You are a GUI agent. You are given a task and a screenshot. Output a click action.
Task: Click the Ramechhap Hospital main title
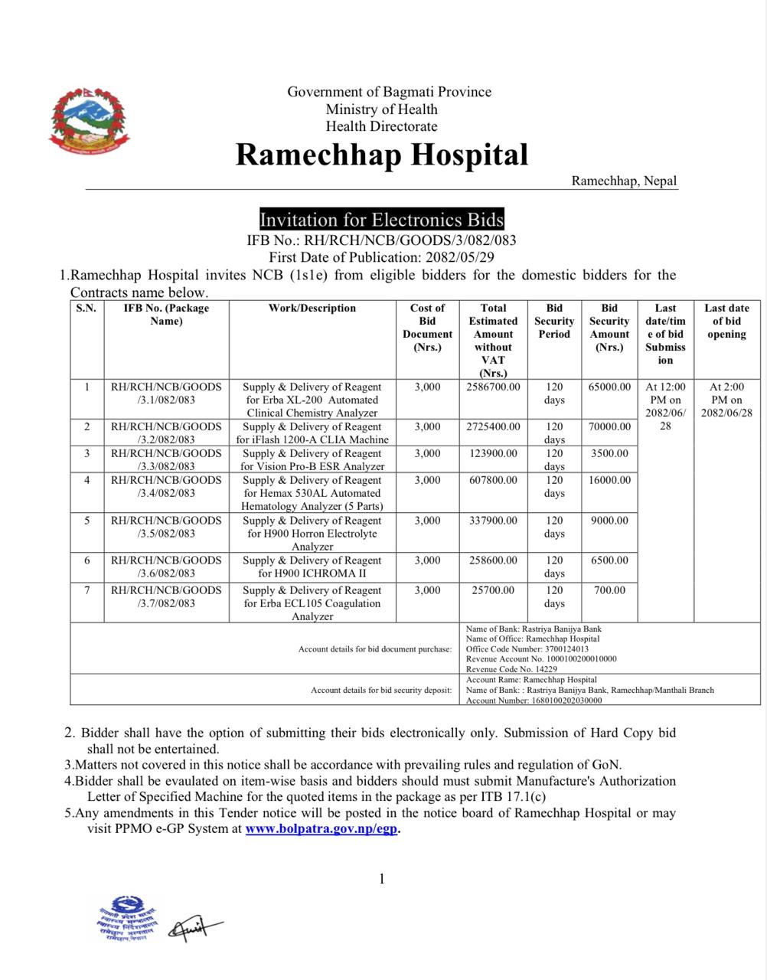(381, 155)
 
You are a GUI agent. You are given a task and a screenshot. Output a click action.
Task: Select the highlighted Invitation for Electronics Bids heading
(381, 220)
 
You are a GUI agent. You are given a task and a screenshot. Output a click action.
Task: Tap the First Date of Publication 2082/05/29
(381, 258)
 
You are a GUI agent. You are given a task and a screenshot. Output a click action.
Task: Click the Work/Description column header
(312, 309)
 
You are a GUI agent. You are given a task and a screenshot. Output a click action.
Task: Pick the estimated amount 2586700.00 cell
(493, 387)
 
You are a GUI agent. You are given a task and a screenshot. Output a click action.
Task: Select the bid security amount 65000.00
(609, 387)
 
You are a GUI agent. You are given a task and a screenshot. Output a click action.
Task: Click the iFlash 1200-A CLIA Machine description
(312, 433)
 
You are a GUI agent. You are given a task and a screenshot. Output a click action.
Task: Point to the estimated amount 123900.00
(493, 454)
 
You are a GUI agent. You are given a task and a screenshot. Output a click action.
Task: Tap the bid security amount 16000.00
(609, 481)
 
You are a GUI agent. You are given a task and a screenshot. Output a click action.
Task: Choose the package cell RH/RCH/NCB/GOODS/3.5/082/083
(166, 527)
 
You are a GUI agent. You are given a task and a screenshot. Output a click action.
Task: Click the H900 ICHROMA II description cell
(312, 567)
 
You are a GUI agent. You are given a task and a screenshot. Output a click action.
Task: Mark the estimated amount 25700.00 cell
(493, 590)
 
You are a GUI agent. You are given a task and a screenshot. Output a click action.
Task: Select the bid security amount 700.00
(609, 590)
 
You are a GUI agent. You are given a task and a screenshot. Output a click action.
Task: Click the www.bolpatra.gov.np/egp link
(321, 828)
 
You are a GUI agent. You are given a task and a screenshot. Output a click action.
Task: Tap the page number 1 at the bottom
(382, 879)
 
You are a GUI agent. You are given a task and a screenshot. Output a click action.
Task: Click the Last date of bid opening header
(726, 321)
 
